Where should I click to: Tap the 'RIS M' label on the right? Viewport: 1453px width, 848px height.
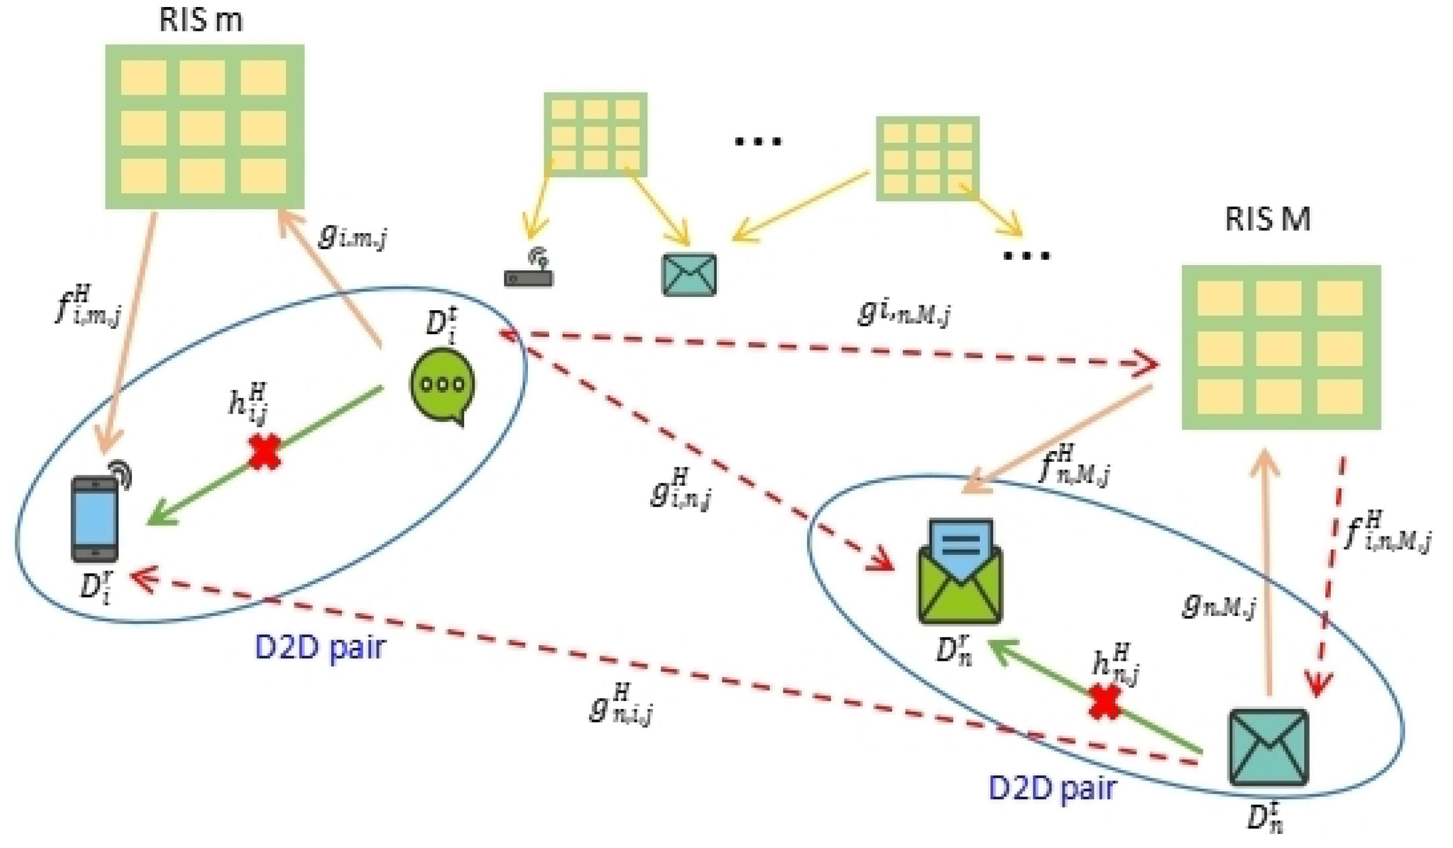coord(1267,219)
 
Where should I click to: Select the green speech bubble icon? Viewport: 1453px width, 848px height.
coord(443,386)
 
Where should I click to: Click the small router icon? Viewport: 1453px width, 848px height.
coord(529,273)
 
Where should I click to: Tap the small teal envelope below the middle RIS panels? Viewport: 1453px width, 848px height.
coord(690,275)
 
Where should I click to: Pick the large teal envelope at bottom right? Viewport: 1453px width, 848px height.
coord(1269,747)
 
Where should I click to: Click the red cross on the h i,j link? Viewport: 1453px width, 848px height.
coord(265,452)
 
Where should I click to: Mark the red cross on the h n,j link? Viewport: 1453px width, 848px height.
coord(1105,701)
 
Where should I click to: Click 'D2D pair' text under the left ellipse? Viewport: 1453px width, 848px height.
coord(320,648)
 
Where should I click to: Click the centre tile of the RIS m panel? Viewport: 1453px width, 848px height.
coord(202,128)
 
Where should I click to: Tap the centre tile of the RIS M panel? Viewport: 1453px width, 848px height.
coord(1279,348)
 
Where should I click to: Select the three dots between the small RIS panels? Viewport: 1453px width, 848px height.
coord(758,141)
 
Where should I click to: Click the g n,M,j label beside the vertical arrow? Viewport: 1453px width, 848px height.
coord(1218,605)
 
